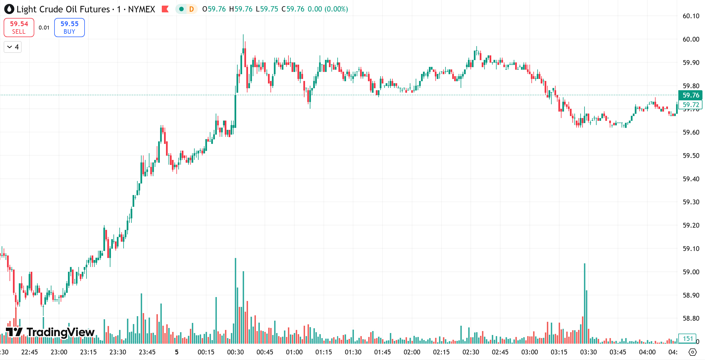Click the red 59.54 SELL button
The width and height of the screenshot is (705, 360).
19,28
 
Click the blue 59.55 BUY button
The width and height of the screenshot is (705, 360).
69,28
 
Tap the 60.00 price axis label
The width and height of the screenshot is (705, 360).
691,39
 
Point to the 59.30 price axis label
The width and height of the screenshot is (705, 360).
691,202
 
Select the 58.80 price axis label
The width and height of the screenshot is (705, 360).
691,318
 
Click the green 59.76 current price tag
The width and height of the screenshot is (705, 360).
690,95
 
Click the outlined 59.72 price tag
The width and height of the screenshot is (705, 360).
690,105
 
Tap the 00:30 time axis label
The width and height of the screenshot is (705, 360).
235,352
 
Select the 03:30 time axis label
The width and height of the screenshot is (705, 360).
588,352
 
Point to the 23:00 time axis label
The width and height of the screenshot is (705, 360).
59,352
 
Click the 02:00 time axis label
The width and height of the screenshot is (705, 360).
412,352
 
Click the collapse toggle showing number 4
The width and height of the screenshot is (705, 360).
13,47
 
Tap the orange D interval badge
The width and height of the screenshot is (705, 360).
192,9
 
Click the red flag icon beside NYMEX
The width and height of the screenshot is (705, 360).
165,9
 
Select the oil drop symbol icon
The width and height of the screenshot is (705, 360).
9,9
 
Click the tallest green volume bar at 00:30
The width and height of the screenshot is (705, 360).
235,301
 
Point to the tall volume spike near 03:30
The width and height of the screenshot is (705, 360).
585,304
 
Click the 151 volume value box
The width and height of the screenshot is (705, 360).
688,339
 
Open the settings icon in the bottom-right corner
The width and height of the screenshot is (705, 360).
693,352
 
